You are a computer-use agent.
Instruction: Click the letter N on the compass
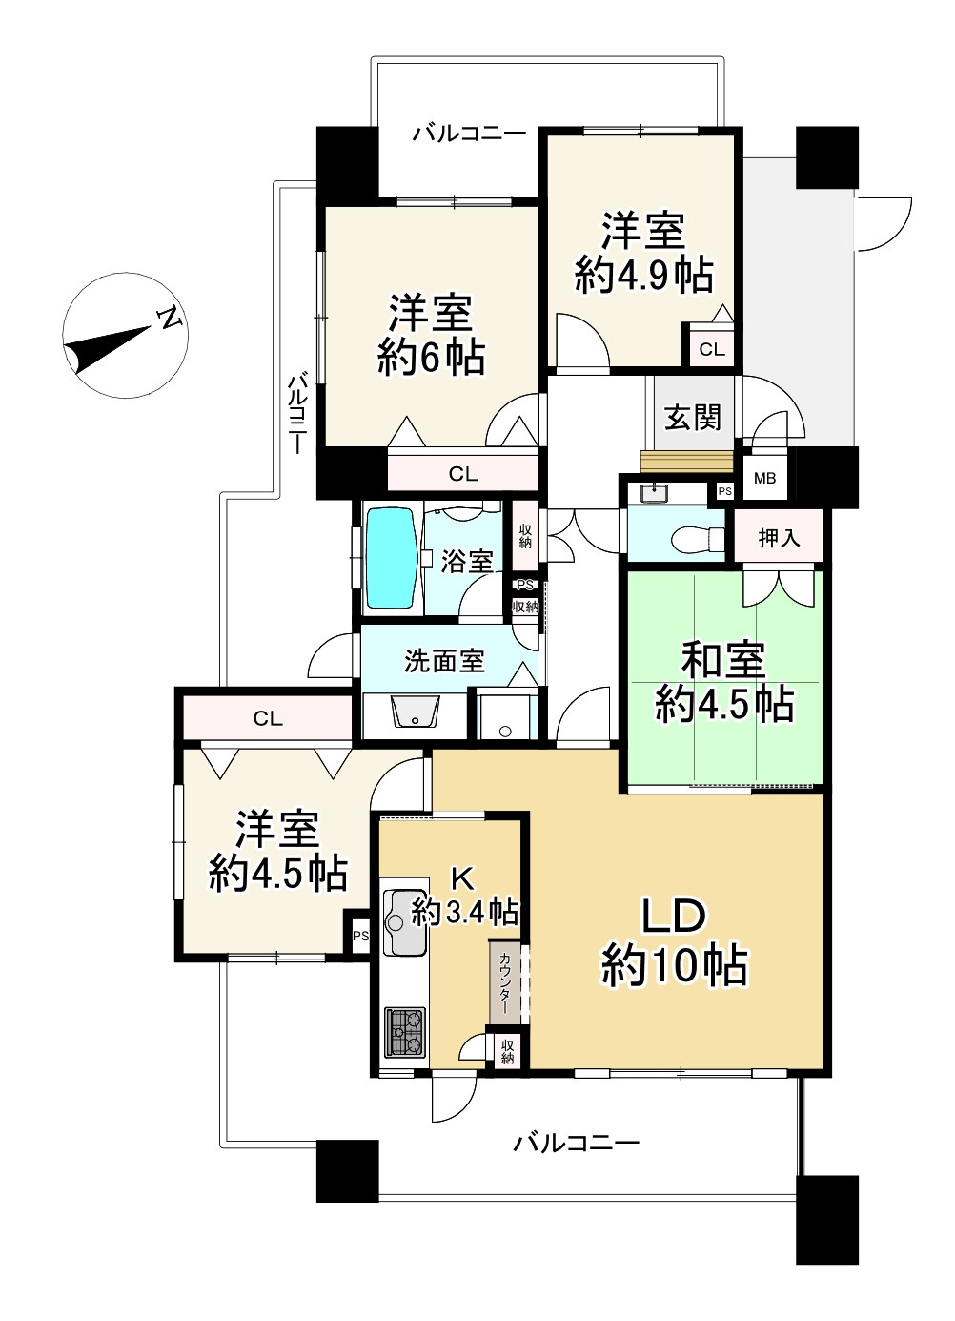point(170,320)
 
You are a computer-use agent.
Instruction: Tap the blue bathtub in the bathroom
point(392,558)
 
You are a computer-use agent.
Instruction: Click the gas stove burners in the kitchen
point(405,1032)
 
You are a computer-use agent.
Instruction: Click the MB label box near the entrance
point(764,478)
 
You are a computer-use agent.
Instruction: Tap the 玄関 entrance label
point(692,418)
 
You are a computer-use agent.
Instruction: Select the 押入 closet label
point(779,538)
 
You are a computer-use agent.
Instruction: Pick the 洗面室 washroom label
point(444,661)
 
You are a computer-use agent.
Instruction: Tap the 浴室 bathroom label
point(467,561)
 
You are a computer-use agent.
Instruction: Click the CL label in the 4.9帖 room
point(712,350)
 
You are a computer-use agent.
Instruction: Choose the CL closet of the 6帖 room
point(463,473)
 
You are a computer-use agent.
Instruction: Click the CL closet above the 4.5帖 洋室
point(268,718)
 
